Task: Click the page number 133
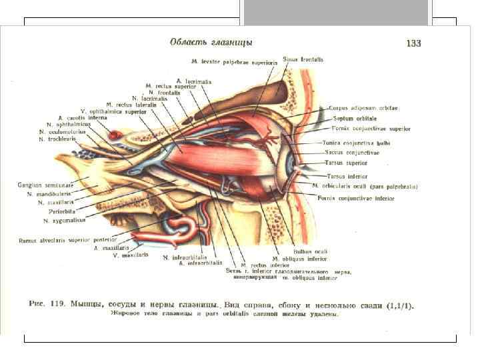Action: coord(413,44)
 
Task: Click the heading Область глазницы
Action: coord(211,42)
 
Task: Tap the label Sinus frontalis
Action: coord(304,59)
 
